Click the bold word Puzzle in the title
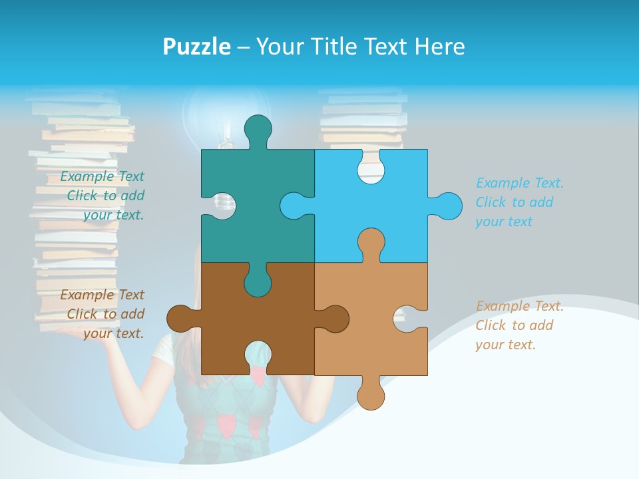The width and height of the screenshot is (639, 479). click(197, 47)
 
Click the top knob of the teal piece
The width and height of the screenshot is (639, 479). click(258, 129)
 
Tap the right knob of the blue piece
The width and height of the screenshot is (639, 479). click(447, 206)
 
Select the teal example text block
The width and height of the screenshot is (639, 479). click(104, 196)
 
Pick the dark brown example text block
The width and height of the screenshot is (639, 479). click(104, 314)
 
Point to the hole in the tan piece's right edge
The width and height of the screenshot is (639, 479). click(408, 319)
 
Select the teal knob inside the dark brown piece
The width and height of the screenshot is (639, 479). click(258, 281)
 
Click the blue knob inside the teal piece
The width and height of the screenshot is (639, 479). click(294, 206)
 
